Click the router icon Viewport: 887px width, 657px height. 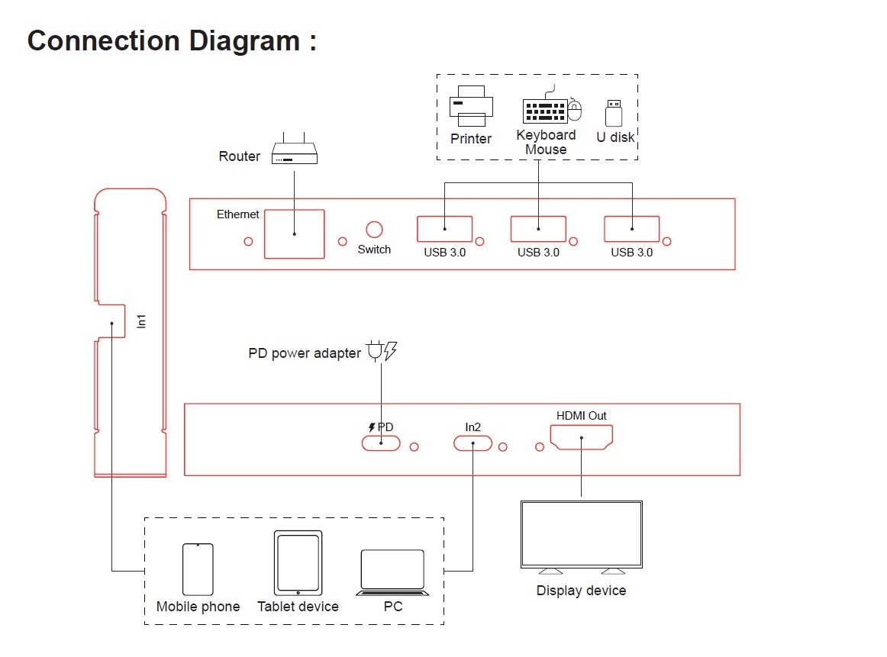tap(295, 155)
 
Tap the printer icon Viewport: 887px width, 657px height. tap(471, 107)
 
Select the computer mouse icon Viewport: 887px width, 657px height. tap(576, 111)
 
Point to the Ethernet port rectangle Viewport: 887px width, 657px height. tap(294, 234)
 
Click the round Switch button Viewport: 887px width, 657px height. tap(374, 230)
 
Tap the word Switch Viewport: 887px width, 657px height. tap(374, 250)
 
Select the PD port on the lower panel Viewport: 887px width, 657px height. tap(381, 443)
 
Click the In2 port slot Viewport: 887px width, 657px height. tap(473, 443)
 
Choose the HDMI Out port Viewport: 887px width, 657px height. tap(581, 437)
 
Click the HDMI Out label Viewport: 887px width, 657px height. tap(581, 416)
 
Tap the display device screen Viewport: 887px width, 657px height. tap(581, 533)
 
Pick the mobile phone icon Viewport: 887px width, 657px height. tap(198, 569)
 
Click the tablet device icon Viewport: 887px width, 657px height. tap(298, 562)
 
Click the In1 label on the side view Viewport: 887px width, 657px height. tap(141, 321)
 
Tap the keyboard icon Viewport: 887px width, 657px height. tap(544, 111)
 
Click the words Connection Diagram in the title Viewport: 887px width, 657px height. tap(163, 40)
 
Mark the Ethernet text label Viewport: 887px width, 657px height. tap(238, 215)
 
